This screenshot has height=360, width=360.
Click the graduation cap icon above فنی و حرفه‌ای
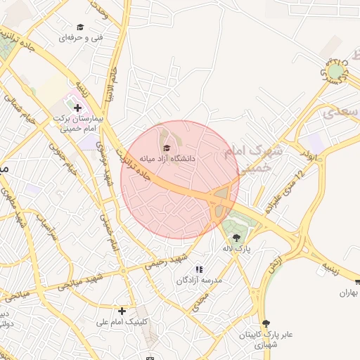click(x=80, y=27)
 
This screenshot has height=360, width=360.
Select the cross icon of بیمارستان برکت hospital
click(x=78, y=107)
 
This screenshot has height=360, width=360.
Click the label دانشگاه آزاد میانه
click(x=167, y=159)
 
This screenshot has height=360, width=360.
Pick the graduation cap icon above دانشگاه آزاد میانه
click(x=167, y=148)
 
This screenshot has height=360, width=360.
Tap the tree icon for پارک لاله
click(x=236, y=238)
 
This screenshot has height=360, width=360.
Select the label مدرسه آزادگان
click(x=199, y=281)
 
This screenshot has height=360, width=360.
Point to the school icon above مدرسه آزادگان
click(x=199, y=269)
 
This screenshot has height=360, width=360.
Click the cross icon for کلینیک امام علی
click(x=122, y=310)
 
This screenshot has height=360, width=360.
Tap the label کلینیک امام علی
click(x=122, y=322)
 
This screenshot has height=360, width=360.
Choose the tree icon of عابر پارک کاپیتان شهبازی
click(x=265, y=323)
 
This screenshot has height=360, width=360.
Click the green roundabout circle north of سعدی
click(x=336, y=71)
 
